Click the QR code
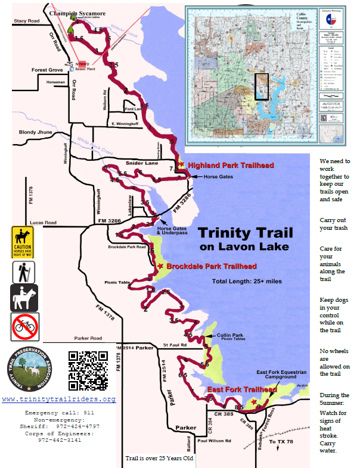(x=88, y=370)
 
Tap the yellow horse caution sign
(x=23, y=242)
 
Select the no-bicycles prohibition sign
(x=24, y=327)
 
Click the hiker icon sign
(x=23, y=272)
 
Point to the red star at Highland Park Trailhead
(x=181, y=164)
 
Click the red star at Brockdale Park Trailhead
(x=159, y=266)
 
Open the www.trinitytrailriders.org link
(x=59, y=399)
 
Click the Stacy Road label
(x=26, y=21)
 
